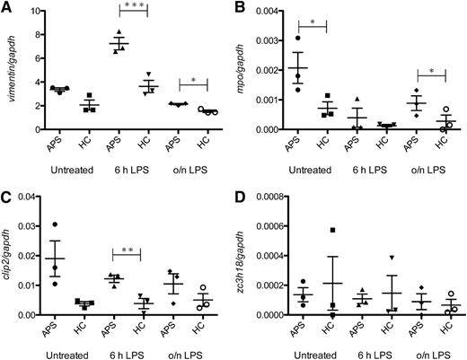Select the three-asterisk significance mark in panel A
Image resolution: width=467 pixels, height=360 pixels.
click(134, 7)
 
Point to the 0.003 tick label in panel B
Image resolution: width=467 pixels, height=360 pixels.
click(269, 41)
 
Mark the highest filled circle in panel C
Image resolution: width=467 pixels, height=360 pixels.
click(57, 224)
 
